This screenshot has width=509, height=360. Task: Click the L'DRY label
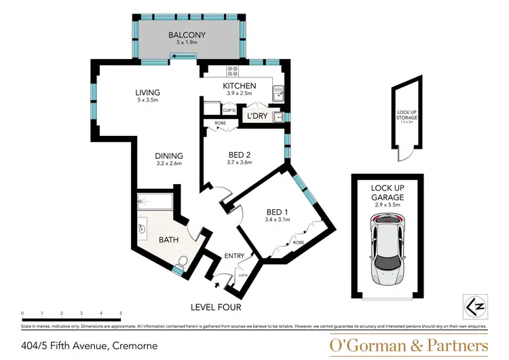257,117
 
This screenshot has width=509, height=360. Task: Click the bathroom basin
143,229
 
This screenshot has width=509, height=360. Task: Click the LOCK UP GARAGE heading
388,192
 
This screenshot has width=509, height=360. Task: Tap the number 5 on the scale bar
121,313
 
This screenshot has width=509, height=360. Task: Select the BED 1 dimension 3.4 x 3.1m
278,219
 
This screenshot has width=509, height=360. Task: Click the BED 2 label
240,154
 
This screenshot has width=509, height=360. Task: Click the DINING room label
170,156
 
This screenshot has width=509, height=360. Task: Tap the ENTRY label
235,255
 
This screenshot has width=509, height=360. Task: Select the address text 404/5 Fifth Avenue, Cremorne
90,345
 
